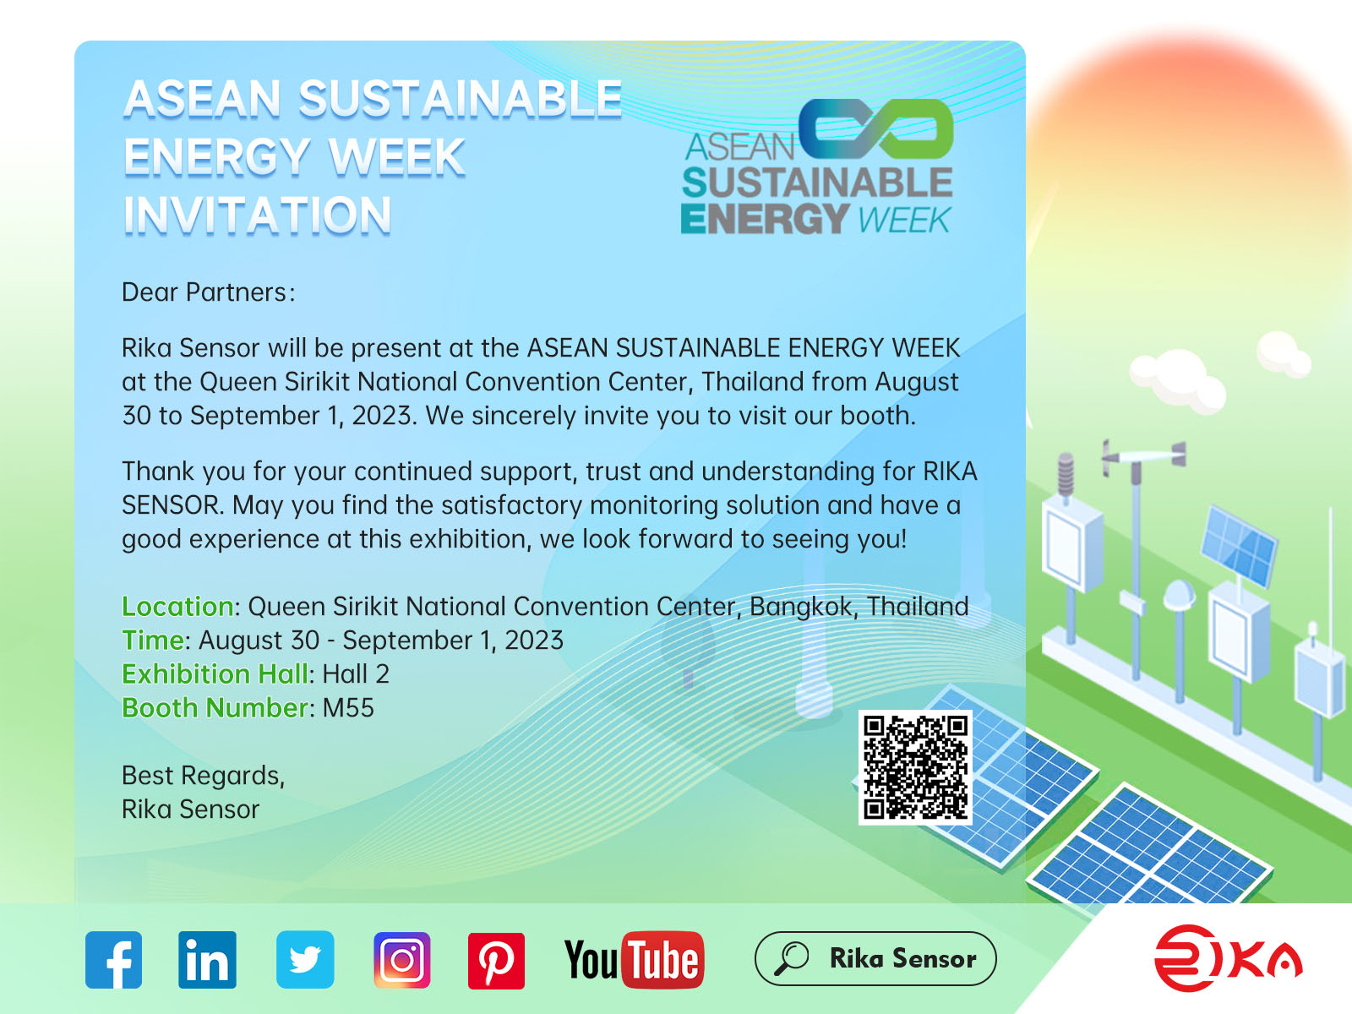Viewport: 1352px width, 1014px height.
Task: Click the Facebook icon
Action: (113, 960)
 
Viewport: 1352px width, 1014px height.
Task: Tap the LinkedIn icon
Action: (207, 960)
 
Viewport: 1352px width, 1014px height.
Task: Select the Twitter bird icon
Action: (305, 960)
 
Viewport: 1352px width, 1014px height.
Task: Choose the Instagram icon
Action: (402, 960)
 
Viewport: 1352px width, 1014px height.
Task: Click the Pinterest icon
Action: (496, 961)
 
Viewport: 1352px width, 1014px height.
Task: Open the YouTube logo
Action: (634, 960)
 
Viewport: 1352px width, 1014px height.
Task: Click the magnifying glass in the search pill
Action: (792, 958)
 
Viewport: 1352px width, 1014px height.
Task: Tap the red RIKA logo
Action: (1228, 958)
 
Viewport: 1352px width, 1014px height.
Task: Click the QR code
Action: (915, 767)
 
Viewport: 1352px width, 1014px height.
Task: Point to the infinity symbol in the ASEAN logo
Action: (876, 129)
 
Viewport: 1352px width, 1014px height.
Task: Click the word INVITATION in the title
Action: (258, 215)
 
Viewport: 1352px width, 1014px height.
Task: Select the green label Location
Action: (177, 607)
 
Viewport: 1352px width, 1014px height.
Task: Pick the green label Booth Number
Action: (217, 708)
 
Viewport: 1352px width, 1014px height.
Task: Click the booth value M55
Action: (348, 708)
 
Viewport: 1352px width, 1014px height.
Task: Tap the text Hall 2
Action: (356, 674)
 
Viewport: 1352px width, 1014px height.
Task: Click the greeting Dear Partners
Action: (208, 292)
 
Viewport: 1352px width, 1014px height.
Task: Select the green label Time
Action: (154, 641)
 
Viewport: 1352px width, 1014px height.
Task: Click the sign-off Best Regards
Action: (203, 776)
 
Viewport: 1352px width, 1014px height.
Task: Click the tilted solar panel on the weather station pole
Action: (1240, 545)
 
